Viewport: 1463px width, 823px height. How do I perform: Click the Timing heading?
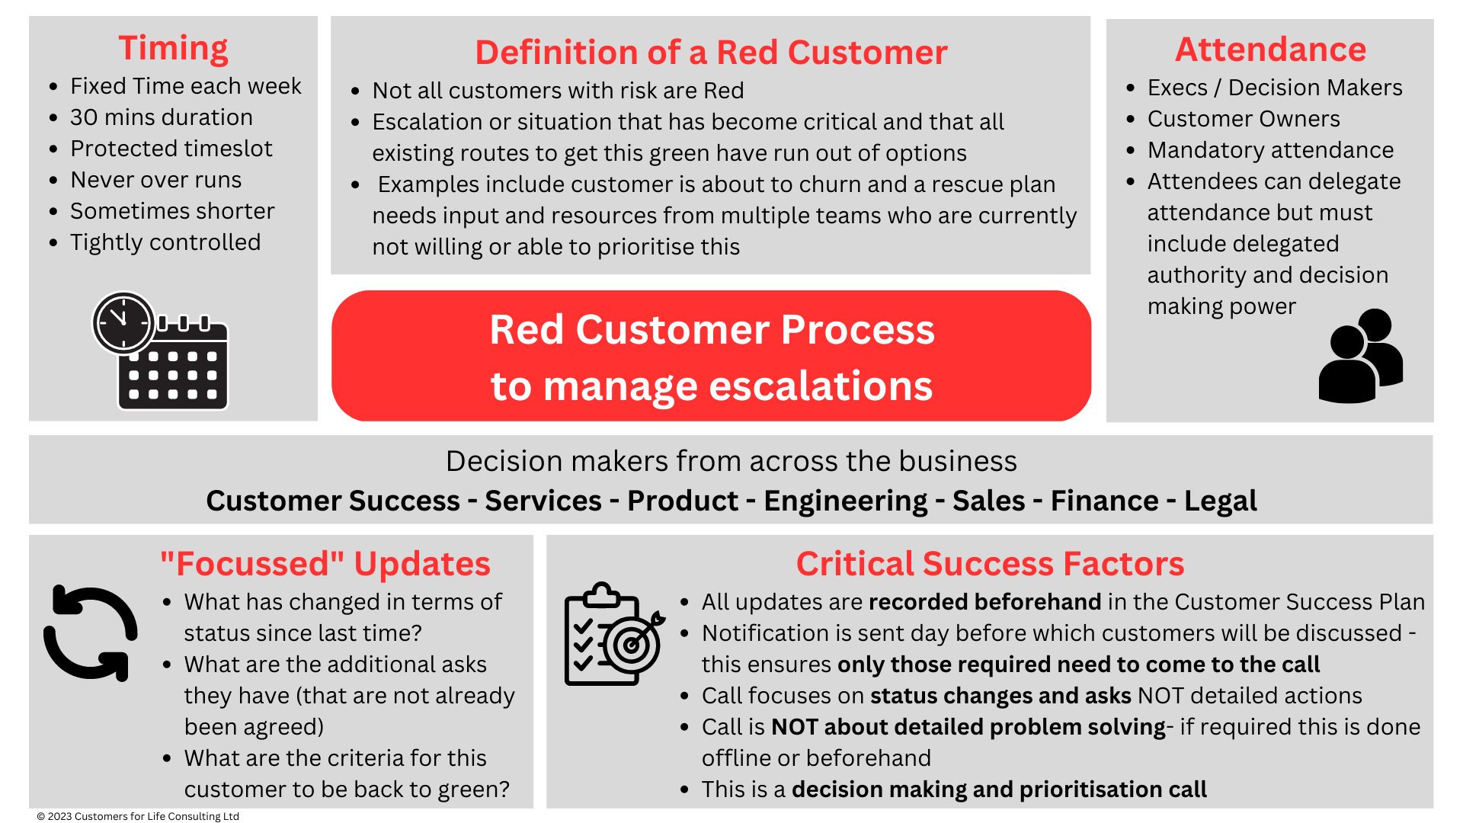tap(173, 48)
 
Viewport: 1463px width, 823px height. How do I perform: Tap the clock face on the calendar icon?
tap(123, 322)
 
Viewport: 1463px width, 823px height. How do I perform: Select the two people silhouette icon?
tap(1360, 356)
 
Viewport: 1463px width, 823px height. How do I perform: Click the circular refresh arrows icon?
tap(91, 632)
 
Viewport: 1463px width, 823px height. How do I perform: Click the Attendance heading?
tap(1270, 50)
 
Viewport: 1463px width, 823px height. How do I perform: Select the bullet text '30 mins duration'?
tap(162, 117)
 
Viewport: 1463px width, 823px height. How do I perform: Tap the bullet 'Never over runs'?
tap(156, 180)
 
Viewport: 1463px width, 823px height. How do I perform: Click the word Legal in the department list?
tap(1220, 501)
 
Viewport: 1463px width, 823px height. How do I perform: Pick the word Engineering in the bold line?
tap(846, 501)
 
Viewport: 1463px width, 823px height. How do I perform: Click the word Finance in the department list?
tap(1104, 501)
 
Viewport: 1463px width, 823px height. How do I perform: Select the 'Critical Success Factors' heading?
tap(990, 564)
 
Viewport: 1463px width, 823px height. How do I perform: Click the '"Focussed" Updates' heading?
tap(325, 564)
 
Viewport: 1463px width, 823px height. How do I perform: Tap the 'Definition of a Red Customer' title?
tap(711, 53)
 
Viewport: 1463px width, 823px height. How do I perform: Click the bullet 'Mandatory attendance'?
tap(1270, 150)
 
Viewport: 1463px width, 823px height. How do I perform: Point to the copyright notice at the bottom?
tap(138, 816)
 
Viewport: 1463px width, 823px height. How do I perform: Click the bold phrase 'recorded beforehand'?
tap(984, 602)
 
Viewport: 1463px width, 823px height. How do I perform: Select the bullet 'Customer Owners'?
tap(1244, 119)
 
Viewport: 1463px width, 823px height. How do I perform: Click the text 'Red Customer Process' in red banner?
tap(712, 330)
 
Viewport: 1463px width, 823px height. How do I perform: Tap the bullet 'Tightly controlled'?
tap(165, 242)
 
